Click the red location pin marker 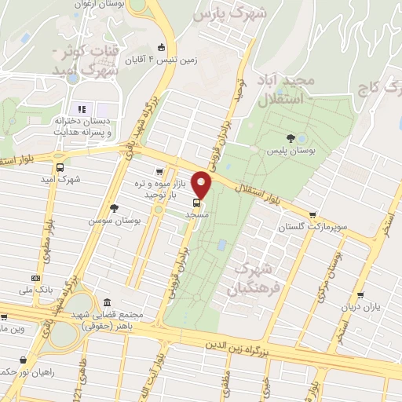tap(202, 185)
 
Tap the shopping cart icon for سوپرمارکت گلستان tap(313, 214)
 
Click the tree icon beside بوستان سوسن tap(115, 208)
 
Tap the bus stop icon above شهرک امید tap(60, 166)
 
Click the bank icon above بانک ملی tap(35, 278)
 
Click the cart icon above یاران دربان tap(360, 295)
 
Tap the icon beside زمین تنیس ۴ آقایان tap(162, 46)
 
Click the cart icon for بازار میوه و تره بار tap(159, 171)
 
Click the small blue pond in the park tap(222, 245)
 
